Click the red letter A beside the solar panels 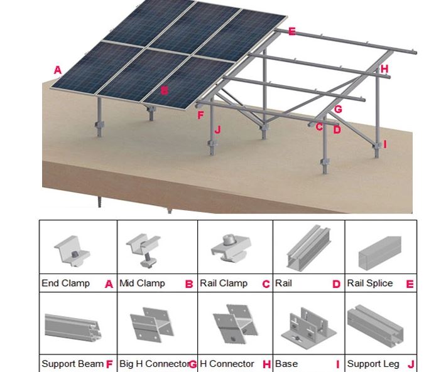point(58,70)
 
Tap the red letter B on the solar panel point(165,90)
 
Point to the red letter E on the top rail point(291,31)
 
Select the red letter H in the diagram point(384,69)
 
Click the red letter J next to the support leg point(217,130)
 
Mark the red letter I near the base point(385,144)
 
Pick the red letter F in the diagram point(200,115)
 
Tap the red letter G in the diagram point(338,109)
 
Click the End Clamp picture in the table point(72,252)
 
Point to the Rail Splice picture point(380,252)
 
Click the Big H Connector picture point(151,324)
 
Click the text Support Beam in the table point(72,364)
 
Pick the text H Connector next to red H point(227,364)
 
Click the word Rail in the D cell point(283,283)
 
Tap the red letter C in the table point(266,284)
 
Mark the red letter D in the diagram point(337,130)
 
